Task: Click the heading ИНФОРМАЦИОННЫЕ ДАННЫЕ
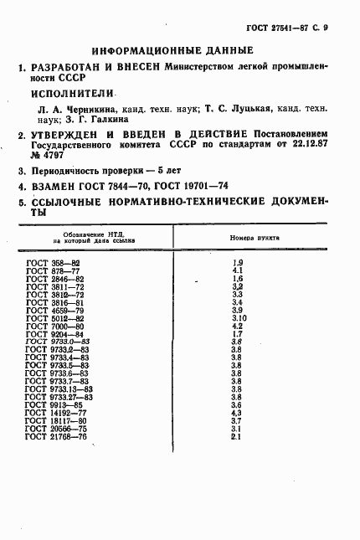173,49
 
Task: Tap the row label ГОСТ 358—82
52,264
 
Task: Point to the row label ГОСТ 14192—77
56,412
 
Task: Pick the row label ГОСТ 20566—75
56,428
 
